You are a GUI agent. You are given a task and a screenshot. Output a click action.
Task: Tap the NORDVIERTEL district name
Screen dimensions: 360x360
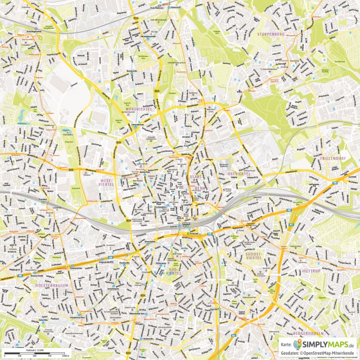pyautogui.click(x=140, y=109)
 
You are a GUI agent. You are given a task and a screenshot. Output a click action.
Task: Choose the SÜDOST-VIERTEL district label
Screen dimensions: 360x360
pyautogui.click(x=252, y=256)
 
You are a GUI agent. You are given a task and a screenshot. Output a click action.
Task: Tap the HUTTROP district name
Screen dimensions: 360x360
pyautogui.click(x=311, y=271)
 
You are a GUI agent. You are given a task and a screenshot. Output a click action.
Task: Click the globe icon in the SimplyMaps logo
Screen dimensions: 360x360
pyautogui.click(x=298, y=344)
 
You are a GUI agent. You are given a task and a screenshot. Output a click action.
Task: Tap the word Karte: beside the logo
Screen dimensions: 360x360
pyautogui.click(x=286, y=345)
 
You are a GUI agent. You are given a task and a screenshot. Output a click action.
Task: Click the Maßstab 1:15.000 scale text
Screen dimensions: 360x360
pyautogui.click(x=34, y=350)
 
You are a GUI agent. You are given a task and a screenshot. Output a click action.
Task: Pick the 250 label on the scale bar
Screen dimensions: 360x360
pyautogui.click(x=19, y=356)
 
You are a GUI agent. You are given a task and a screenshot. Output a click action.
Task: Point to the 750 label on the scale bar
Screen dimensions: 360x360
pyautogui.click(x=50, y=356)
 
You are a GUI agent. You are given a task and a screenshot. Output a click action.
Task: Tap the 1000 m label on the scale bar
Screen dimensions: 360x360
pyautogui.click(x=66, y=356)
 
